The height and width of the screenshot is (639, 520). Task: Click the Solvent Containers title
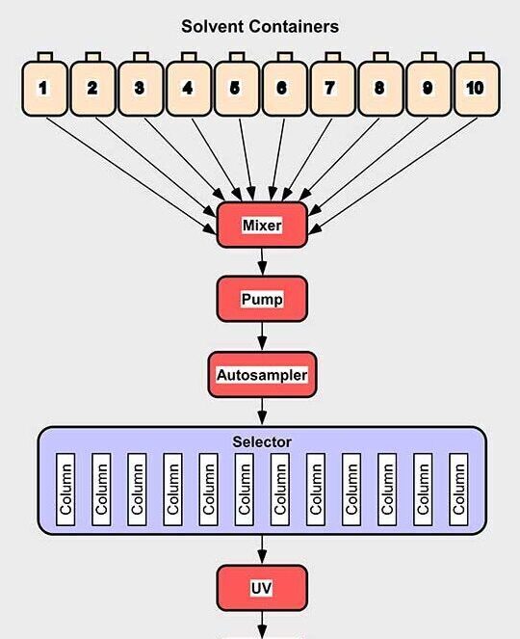point(260,27)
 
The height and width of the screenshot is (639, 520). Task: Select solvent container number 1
point(44,89)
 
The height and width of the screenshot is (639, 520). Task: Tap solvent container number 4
point(189,89)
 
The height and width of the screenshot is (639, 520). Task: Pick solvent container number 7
point(332,89)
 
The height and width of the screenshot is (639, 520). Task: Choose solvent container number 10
point(477,89)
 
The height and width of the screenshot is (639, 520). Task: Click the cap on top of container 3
point(141,57)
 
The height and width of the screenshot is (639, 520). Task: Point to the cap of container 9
point(429,57)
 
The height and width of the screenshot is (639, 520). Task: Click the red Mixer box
point(262,225)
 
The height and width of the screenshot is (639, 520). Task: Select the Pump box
point(262,299)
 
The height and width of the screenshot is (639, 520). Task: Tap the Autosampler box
point(262,375)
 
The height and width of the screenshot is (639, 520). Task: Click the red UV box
point(262,588)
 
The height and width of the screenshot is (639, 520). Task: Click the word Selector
point(262,441)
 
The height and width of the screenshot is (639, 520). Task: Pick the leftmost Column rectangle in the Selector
point(65,490)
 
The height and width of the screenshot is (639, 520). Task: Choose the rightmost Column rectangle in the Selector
point(458,490)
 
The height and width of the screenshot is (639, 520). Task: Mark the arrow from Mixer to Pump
point(262,262)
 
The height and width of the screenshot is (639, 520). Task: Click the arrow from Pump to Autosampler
point(262,336)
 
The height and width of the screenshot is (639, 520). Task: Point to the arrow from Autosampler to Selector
point(262,412)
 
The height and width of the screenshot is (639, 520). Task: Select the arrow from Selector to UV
point(262,549)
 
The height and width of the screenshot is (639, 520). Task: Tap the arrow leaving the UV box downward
point(262,625)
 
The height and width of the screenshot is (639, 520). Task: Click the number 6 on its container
point(281,88)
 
